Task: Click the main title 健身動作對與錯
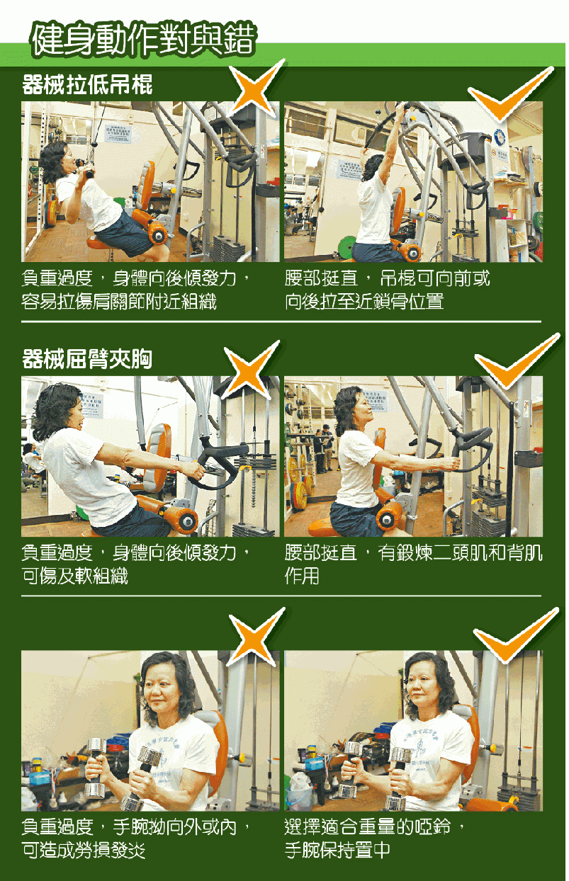tap(144, 40)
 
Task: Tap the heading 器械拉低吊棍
tap(87, 84)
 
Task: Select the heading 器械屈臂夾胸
tap(87, 358)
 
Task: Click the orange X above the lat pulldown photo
tap(256, 89)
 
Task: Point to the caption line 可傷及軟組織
tap(75, 576)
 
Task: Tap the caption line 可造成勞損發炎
tap(84, 851)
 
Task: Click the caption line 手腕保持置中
tap(337, 851)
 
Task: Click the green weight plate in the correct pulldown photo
tap(347, 246)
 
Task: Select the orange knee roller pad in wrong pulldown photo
tap(158, 234)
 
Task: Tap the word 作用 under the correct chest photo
tap(302, 576)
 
